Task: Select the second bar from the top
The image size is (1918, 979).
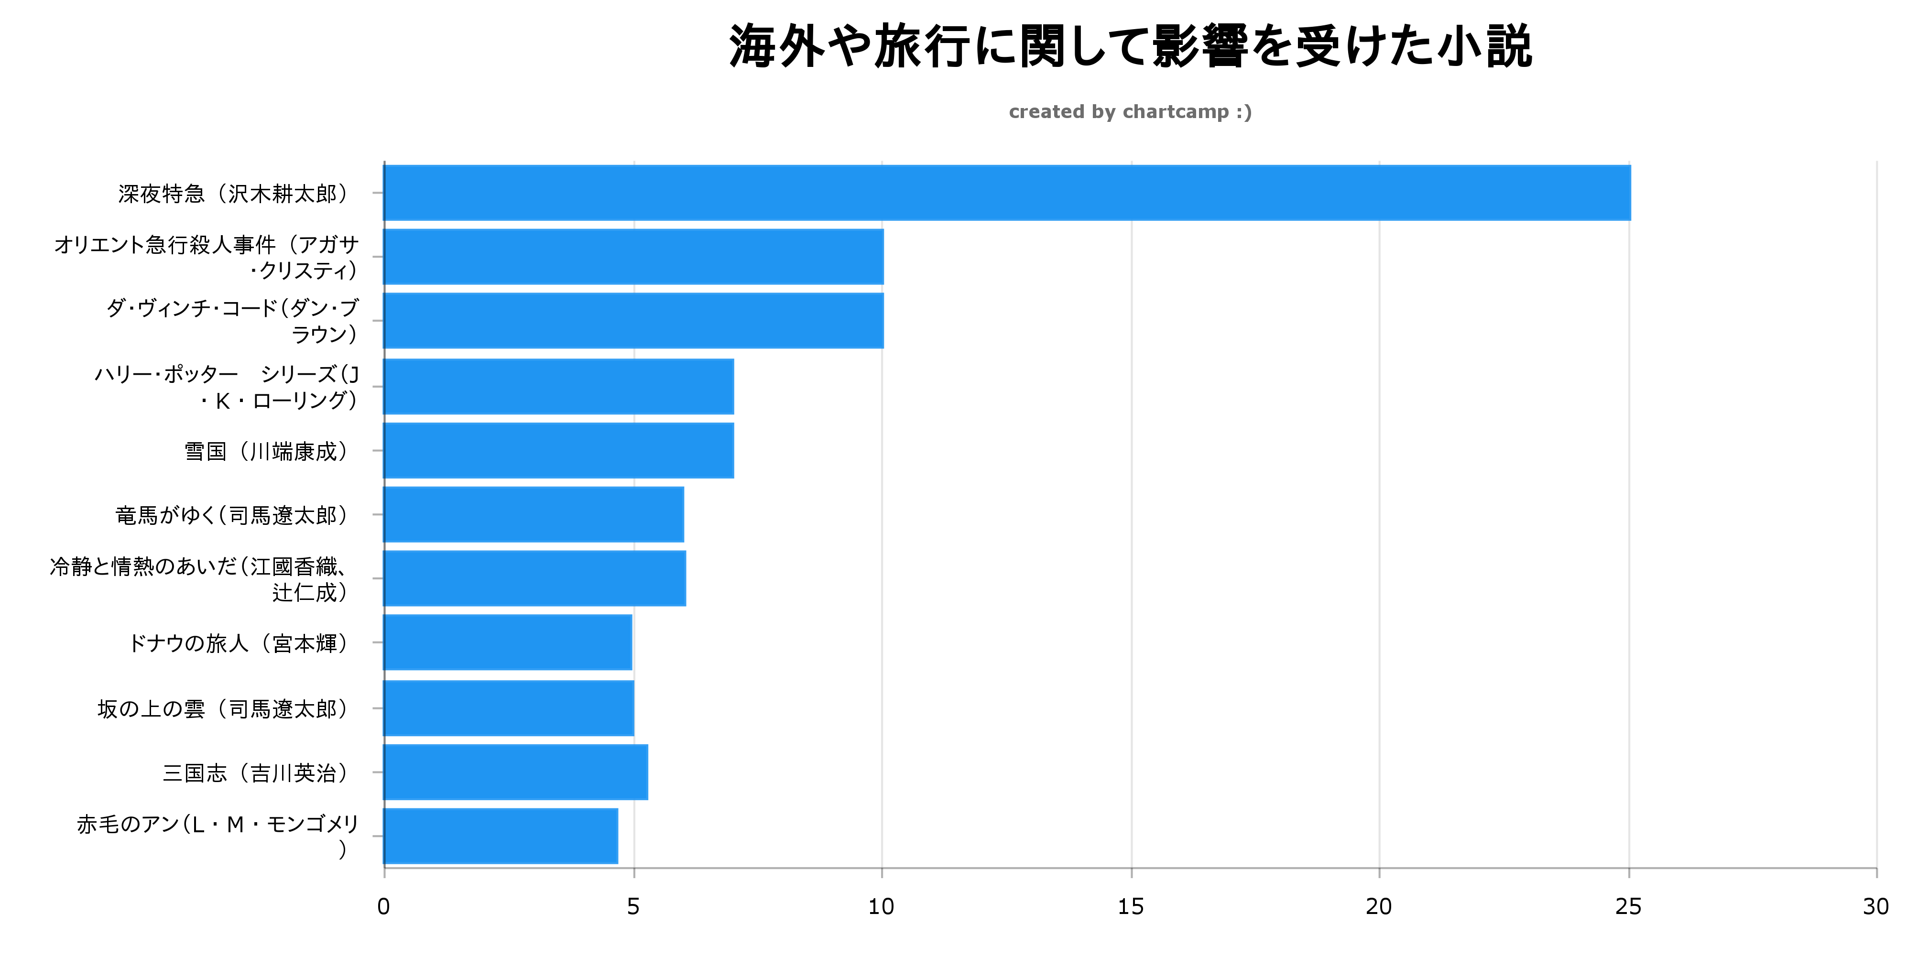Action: (633, 257)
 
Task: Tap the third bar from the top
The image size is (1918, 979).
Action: (633, 321)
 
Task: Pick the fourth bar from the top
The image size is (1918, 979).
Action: (558, 386)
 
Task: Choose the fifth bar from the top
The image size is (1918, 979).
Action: (558, 450)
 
